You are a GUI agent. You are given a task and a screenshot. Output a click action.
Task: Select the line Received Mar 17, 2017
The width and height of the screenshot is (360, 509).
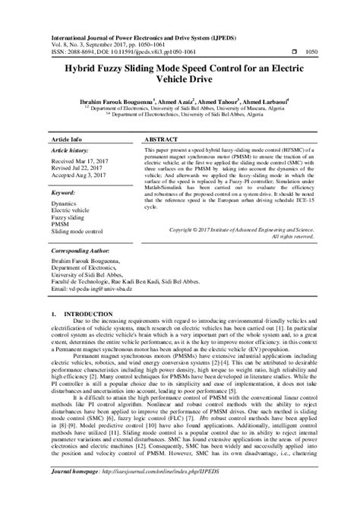pos(80,163)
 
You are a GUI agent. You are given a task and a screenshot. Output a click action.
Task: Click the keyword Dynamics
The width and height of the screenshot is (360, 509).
pos(65,204)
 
